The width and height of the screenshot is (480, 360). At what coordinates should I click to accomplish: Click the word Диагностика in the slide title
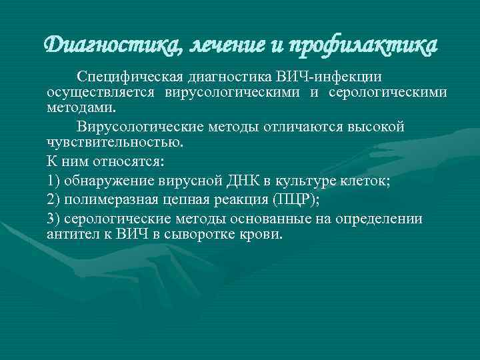click(x=111, y=45)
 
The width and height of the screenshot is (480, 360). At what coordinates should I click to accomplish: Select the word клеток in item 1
click(x=380, y=181)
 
